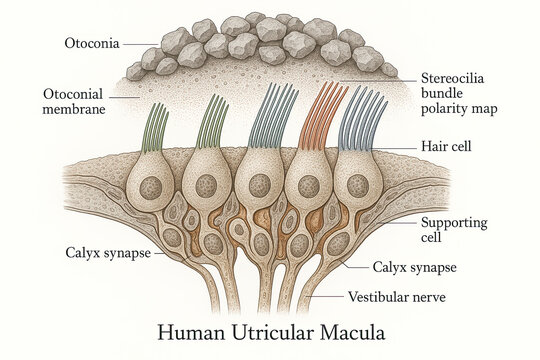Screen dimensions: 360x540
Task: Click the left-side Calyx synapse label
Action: [108, 252]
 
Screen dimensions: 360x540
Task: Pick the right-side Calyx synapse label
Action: [415, 267]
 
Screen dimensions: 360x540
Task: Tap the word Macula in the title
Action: [349, 331]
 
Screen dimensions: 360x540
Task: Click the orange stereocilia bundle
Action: [323, 118]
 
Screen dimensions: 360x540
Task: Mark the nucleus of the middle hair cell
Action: [259, 185]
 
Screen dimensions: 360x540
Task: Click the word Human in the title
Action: [196, 331]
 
